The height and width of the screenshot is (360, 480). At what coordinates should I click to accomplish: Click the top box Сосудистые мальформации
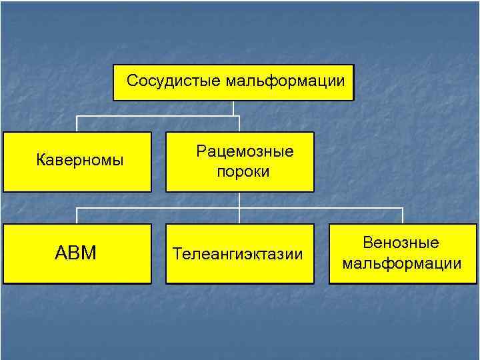[233, 83]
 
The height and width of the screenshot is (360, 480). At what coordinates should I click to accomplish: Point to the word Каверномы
[79, 160]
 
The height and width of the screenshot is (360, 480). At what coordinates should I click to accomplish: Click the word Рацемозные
[245, 151]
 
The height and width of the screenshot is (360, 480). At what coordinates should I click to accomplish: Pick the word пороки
[243, 172]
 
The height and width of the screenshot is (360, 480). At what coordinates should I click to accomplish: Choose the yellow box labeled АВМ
[77, 253]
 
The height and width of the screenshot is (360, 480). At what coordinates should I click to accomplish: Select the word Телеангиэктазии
[238, 254]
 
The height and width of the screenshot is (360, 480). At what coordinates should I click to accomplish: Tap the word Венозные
[401, 243]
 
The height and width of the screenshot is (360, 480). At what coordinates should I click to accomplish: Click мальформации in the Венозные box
[401, 264]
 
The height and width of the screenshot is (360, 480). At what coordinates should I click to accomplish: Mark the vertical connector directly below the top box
[233, 108]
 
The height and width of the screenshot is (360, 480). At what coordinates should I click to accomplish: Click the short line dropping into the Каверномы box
[77, 124]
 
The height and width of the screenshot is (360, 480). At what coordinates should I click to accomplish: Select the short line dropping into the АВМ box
[77, 215]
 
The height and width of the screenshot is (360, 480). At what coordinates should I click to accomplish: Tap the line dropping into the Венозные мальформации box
[403, 215]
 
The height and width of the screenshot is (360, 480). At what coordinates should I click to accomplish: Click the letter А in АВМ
[61, 253]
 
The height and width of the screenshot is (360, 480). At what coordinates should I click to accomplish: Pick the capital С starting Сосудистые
[132, 81]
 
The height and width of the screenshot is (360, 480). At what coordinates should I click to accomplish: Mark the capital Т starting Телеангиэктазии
[177, 254]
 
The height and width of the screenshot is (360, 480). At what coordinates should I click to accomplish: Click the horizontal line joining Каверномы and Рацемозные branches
[157, 117]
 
